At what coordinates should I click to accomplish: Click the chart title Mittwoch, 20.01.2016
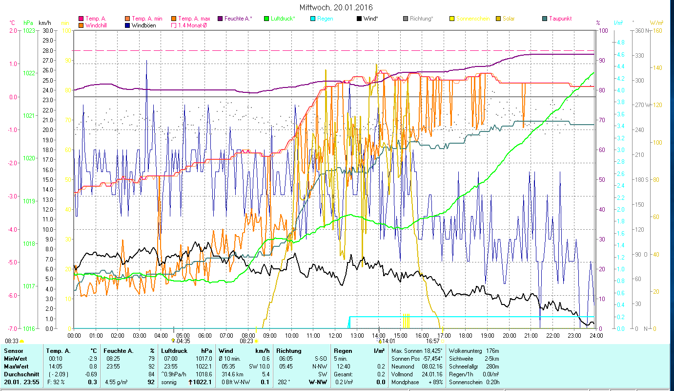tap(336, 7)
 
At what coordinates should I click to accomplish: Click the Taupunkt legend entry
tap(560, 19)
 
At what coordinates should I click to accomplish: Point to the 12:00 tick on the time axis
tap(335, 336)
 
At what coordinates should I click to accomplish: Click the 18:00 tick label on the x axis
tap(466, 336)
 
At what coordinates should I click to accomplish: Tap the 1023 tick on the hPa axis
tap(29, 31)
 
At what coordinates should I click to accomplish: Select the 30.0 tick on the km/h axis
tap(48, 31)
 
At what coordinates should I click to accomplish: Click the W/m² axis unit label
tap(656, 22)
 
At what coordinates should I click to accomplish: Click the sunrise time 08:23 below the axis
tap(247, 341)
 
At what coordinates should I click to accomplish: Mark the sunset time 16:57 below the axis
tap(433, 341)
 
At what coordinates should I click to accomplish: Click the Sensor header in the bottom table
tap(13, 351)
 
